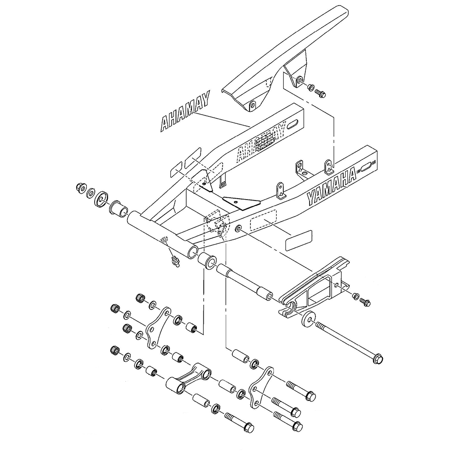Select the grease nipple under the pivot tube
point(174,262)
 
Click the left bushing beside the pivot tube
point(118,208)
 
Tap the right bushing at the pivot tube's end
point(207,261)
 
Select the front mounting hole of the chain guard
point(252,106)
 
